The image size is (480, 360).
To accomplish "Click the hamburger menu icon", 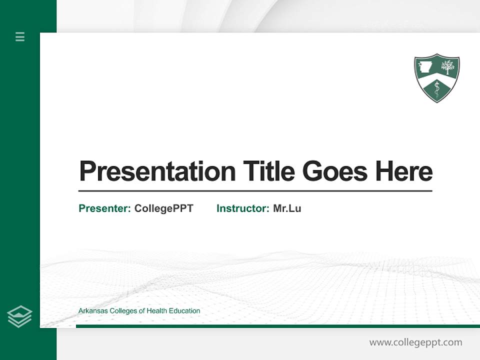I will [20, 36].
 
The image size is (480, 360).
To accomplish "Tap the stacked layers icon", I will [19, 316].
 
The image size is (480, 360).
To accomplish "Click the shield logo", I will [436, 77].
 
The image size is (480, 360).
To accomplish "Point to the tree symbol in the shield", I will [447, 67].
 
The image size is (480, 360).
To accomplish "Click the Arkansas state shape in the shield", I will [426, 67].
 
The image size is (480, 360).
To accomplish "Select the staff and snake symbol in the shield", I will [437, 89].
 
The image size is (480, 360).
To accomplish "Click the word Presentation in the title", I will [157, 171].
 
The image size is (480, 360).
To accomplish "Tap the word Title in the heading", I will [268, 171].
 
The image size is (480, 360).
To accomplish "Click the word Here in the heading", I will [403, 171].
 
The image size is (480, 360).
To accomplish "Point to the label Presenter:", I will [104, 208].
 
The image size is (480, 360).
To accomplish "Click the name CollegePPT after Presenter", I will [163, 208].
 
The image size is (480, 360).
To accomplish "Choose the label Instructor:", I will [242, 208].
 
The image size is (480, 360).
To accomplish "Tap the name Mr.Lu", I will [287, 208].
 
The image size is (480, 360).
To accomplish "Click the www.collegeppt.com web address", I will [415, 342].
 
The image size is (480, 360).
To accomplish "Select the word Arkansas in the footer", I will [92, 311].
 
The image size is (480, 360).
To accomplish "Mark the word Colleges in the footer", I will [123, 311].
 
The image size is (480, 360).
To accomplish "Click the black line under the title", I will [255, 191].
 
